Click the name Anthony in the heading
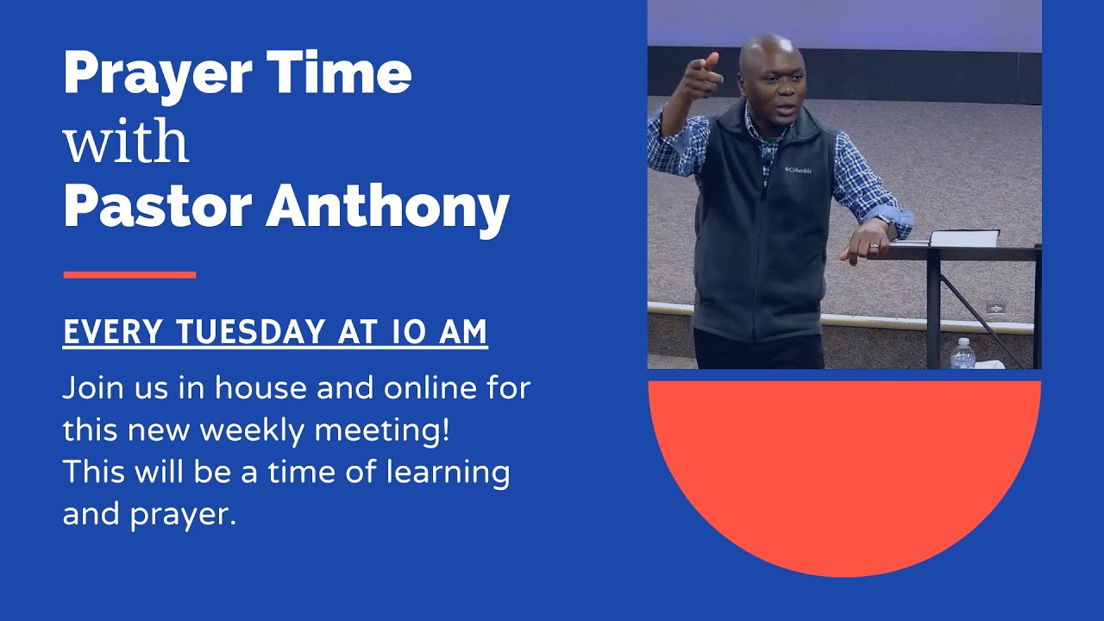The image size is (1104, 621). [x=387, y=207]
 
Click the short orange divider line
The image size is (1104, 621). [x=129, y=275]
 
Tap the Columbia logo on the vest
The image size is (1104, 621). [x=798, y=170]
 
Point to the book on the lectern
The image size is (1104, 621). [x=964, y=237]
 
